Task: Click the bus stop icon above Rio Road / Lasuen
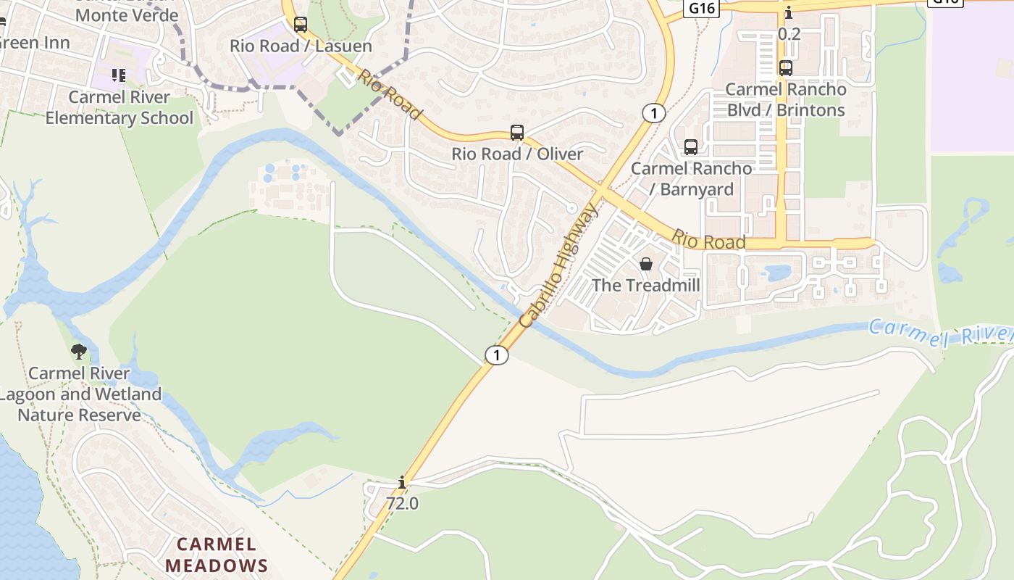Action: coord(301,25)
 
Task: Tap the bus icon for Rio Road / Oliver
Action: coord(517,133)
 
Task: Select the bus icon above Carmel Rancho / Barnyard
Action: coord(691,147)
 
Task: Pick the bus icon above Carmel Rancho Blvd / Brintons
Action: coord(786,68)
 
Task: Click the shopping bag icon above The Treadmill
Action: coord(646,264)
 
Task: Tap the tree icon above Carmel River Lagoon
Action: coord(79,352)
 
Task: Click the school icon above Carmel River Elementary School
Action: coord(119,75)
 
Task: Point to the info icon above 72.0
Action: coord(402,482)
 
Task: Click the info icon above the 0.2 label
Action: coord(789,13)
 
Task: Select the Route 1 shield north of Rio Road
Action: coord(653,113)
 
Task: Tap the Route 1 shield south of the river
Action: coord(496,355)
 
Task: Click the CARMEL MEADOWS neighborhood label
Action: coord(217,555)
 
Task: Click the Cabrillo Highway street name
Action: coord(559,265)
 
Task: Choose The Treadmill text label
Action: coord(646,285)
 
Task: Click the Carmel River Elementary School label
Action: coord(120,107)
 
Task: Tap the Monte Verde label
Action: coord(127,14)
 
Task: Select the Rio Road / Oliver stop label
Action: coord(517,154)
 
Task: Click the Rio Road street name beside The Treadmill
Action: coord(708,240)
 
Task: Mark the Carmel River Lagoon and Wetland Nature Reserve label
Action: coord(80,394)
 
